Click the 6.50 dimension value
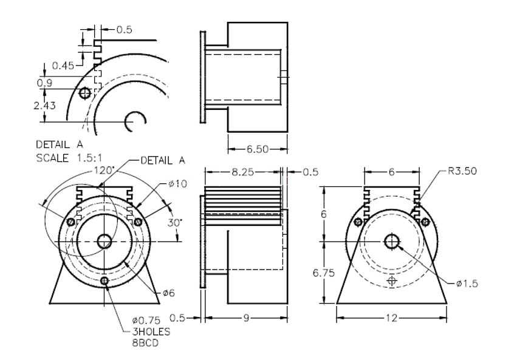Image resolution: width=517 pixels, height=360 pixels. (258, 149)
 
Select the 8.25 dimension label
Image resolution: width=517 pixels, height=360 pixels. (242, 172)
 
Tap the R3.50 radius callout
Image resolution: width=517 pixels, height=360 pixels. (462, 171)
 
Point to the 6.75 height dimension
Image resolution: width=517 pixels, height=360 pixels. (324, 273)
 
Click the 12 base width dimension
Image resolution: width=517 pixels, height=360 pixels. (391, 318)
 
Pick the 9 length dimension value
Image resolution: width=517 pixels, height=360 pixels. (246, 318)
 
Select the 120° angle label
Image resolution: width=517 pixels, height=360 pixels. (104, 170)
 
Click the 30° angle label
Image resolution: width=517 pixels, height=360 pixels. (174, 223)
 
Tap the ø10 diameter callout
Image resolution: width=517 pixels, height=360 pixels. (178, 183)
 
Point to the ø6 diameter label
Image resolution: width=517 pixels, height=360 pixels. (169, 293)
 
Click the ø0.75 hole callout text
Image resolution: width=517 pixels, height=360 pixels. (146, 320)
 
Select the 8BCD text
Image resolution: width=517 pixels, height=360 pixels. (145, 343)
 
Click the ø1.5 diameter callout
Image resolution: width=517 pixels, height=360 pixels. (467, 284)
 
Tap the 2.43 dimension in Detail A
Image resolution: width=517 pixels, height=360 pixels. (44, 106)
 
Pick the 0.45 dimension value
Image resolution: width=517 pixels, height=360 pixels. (63, 66)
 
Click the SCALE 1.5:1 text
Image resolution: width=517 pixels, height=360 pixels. (69, 158)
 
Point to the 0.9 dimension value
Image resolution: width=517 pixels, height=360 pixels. (44, 83)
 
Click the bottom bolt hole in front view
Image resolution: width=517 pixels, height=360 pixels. (104, 280)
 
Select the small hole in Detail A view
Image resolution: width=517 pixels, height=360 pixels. (85, 93)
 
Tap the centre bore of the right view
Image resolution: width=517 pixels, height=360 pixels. (392, 242)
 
